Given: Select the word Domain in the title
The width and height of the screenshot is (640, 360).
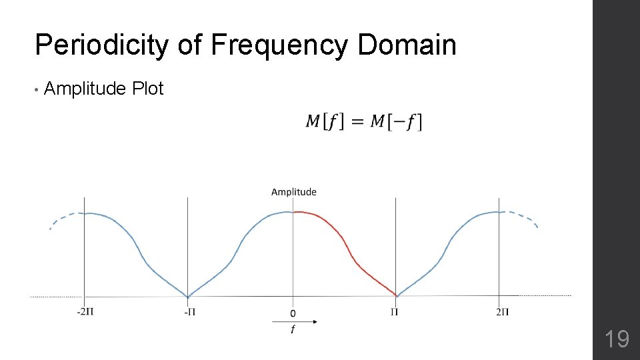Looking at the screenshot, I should pos(407,45).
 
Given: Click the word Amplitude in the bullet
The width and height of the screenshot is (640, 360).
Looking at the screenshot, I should pos(85,89).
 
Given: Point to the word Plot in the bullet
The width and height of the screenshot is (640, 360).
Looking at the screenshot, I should pos(148,89).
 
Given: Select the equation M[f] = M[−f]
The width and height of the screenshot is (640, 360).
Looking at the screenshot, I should pos(364,122).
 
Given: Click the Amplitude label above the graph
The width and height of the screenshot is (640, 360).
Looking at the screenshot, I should pos(294,192).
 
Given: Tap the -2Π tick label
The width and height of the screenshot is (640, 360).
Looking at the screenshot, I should pos(85,311).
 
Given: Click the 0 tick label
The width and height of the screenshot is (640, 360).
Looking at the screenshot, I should pos(293,312).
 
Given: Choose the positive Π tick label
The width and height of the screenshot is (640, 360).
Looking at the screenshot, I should pos(395,311).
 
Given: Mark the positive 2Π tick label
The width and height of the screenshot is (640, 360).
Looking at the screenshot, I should pos(503,311).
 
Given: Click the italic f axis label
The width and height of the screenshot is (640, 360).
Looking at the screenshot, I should pos(293,329).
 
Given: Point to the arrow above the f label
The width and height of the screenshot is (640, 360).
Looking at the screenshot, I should pos(295,321).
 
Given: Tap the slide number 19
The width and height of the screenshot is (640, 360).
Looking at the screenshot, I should pos(617,339).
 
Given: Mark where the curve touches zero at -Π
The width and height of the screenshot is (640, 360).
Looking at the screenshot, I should pos(188,297).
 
